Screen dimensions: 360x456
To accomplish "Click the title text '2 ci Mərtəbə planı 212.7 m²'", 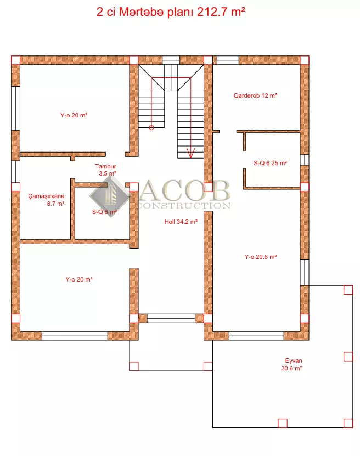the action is click(x=171, y=12).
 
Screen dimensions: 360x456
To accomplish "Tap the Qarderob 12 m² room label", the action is click(x=255, y=95).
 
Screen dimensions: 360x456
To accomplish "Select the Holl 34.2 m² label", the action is click(x=181, y=222).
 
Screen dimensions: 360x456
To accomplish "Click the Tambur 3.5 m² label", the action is click(x=106, y=170).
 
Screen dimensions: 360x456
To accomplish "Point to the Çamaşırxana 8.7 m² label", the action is click(x=46, y=200).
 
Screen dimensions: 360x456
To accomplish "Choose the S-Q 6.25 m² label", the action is click(x=271, y=163).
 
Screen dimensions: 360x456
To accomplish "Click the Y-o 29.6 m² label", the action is click(x=261, y=257).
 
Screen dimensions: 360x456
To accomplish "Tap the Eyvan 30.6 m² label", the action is click(x=292, y=364).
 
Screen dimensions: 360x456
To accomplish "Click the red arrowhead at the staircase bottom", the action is click(x=191, y=153).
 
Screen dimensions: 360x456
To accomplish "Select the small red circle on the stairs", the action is click(x=151, y=127).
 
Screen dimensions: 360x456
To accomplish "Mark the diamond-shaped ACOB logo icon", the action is click(x=109, y=196).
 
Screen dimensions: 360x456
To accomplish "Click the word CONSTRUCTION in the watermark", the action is click(x=183, y=205).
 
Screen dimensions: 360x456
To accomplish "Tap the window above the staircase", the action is click(x=171, y=60).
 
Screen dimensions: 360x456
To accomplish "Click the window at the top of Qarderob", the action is click(x=228, y=60).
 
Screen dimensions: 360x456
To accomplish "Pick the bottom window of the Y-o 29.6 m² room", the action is click(x=256, y=336).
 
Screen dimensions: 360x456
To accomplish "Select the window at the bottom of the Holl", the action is click(x=171, y=318).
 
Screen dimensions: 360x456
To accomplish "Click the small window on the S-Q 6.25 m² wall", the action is click(x=305, y=160).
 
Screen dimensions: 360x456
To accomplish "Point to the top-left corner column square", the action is click(x=16, y=60).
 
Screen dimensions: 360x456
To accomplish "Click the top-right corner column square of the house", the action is click(x=305, y=60).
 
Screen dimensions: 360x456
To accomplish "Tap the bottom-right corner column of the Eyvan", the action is click(x=348, y=423).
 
